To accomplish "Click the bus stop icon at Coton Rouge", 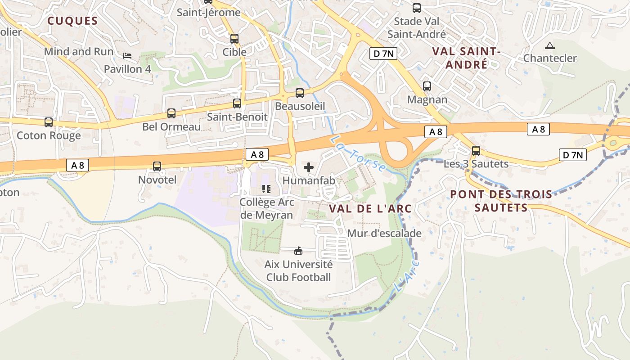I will (x=49, y=122).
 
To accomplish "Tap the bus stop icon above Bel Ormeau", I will (x=171, y=113).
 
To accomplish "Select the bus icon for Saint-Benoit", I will (x=237, y=103).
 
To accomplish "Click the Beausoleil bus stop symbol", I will (x=300, y=93).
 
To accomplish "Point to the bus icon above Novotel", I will (x=157, y=166).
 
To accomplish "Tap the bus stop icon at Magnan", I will (x=427, y=86).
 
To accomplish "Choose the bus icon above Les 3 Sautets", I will (x=476, y=151).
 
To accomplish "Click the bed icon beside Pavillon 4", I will (x=127, y=56).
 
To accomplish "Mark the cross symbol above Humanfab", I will (x=309, y=168).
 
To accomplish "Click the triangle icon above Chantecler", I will (x=549, y=45).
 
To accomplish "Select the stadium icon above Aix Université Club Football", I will (x=298, y=251).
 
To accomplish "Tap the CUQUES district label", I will (x=72, y=21).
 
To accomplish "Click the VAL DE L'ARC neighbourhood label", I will (x=370, y=208).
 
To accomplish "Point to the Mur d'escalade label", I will (x=384, y=233).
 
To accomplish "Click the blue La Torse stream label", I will (x=358, y=154).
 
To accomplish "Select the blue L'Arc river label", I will (x=406, y=274).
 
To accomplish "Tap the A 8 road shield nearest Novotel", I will (x=77, y=165).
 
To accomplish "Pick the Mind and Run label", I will (x=79, y=52).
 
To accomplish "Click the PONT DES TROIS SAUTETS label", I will (x=501, y=201).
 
